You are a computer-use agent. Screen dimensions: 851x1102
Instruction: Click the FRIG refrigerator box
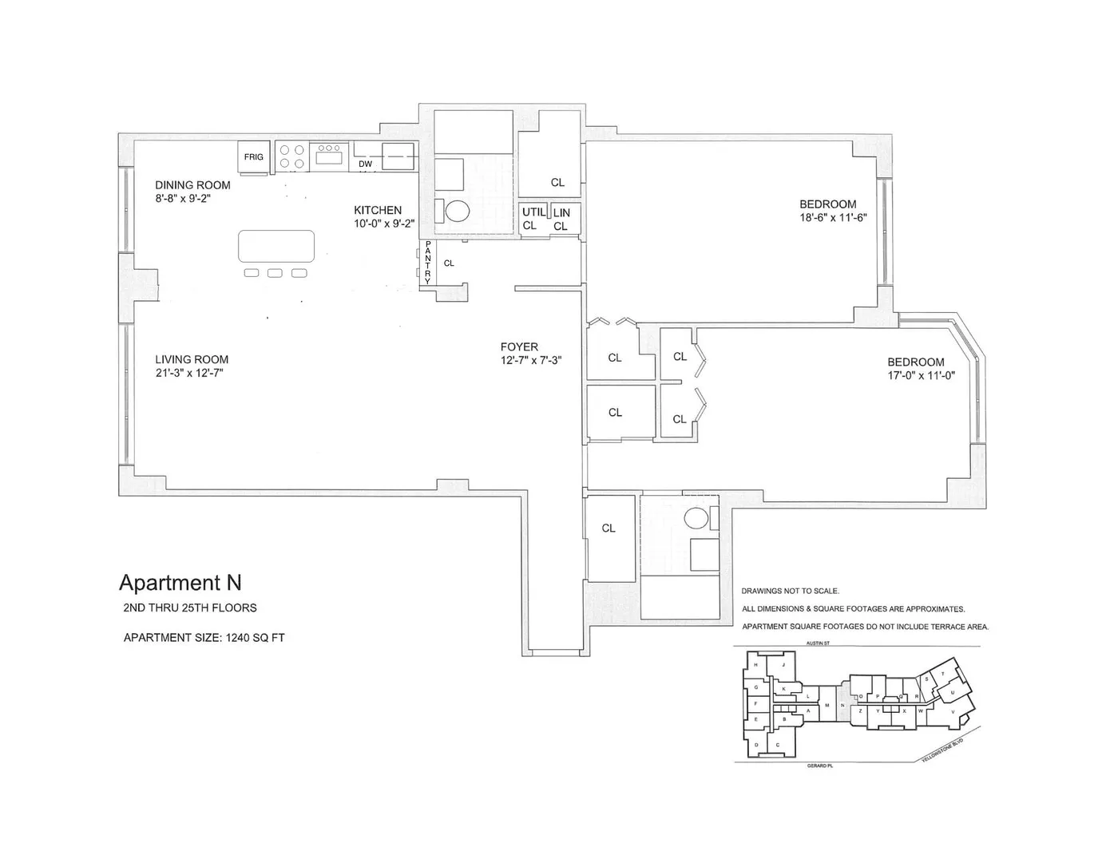(254, 156)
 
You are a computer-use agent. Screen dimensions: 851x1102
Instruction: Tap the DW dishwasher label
(365, 164)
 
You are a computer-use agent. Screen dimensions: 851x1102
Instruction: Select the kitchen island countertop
(276, 246)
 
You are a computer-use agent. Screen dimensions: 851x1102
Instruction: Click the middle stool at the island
(275, 273)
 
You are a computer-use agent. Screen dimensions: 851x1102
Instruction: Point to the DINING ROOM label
(192, 185)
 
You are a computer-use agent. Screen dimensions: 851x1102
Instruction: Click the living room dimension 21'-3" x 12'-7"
(189, 373)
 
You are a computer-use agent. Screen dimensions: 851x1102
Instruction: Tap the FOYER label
(519, 347)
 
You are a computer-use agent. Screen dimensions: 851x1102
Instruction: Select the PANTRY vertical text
(427, 263)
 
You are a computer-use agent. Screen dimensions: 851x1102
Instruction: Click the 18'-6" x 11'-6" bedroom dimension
(833, 217)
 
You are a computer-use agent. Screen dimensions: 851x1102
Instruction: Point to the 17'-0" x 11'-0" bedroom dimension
(922, 375)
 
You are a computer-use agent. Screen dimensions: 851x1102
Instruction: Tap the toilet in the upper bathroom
(457, 211)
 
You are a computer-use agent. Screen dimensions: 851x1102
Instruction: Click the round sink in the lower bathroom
(698, 517)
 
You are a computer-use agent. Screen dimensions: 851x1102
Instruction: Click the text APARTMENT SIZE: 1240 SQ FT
(204, 638)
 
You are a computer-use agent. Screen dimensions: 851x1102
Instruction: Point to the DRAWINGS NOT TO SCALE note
(790, 592)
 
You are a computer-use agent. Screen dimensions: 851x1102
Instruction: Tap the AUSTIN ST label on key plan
(818, 643)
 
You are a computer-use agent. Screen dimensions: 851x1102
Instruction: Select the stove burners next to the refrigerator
(292, 156)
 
